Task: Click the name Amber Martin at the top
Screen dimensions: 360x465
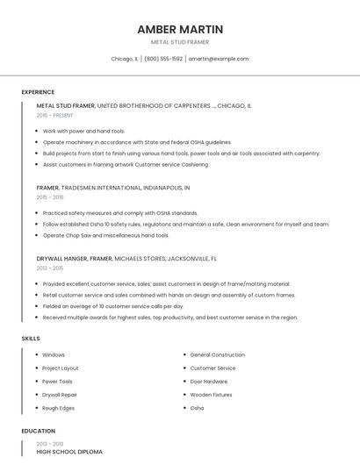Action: click(x=180, y=29)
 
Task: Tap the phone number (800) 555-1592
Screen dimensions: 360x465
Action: click(x=163, y=59)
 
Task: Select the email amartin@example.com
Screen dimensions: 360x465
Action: click(x=219, y=59)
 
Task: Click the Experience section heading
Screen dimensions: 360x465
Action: click(x=38, y=92)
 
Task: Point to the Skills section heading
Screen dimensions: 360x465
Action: click(x=30, y=338)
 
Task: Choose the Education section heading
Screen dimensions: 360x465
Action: click(x=38, y=431)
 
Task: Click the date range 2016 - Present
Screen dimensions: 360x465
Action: click(x=55, y=115)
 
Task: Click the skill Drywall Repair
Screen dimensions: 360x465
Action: click(x=60, y=395)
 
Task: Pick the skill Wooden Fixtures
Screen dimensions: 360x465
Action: click(x=210, y=395)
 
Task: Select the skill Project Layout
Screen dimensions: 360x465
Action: click(x=60, y=368)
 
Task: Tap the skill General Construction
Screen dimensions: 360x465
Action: click(x=217, y=354)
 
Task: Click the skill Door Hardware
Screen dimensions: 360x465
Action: click(x=208, y=382)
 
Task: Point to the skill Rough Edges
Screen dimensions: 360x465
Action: click(x=58, y=408)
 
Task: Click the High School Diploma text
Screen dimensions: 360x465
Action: click(x=69, y=452)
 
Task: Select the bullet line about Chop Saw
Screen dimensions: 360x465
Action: click(x=105, y=235)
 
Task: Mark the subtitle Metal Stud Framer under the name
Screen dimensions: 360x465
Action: click(x=180, y=42)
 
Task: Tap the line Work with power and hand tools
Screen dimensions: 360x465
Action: click(x=83, y=131)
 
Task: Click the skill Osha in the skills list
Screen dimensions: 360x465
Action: click(x=197, y=408)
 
